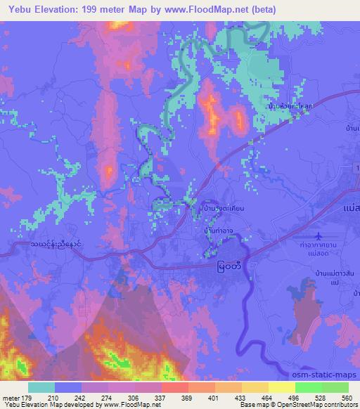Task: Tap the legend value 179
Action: (27, 398)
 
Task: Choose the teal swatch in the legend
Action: (41, 387)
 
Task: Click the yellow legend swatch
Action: (281, 387)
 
